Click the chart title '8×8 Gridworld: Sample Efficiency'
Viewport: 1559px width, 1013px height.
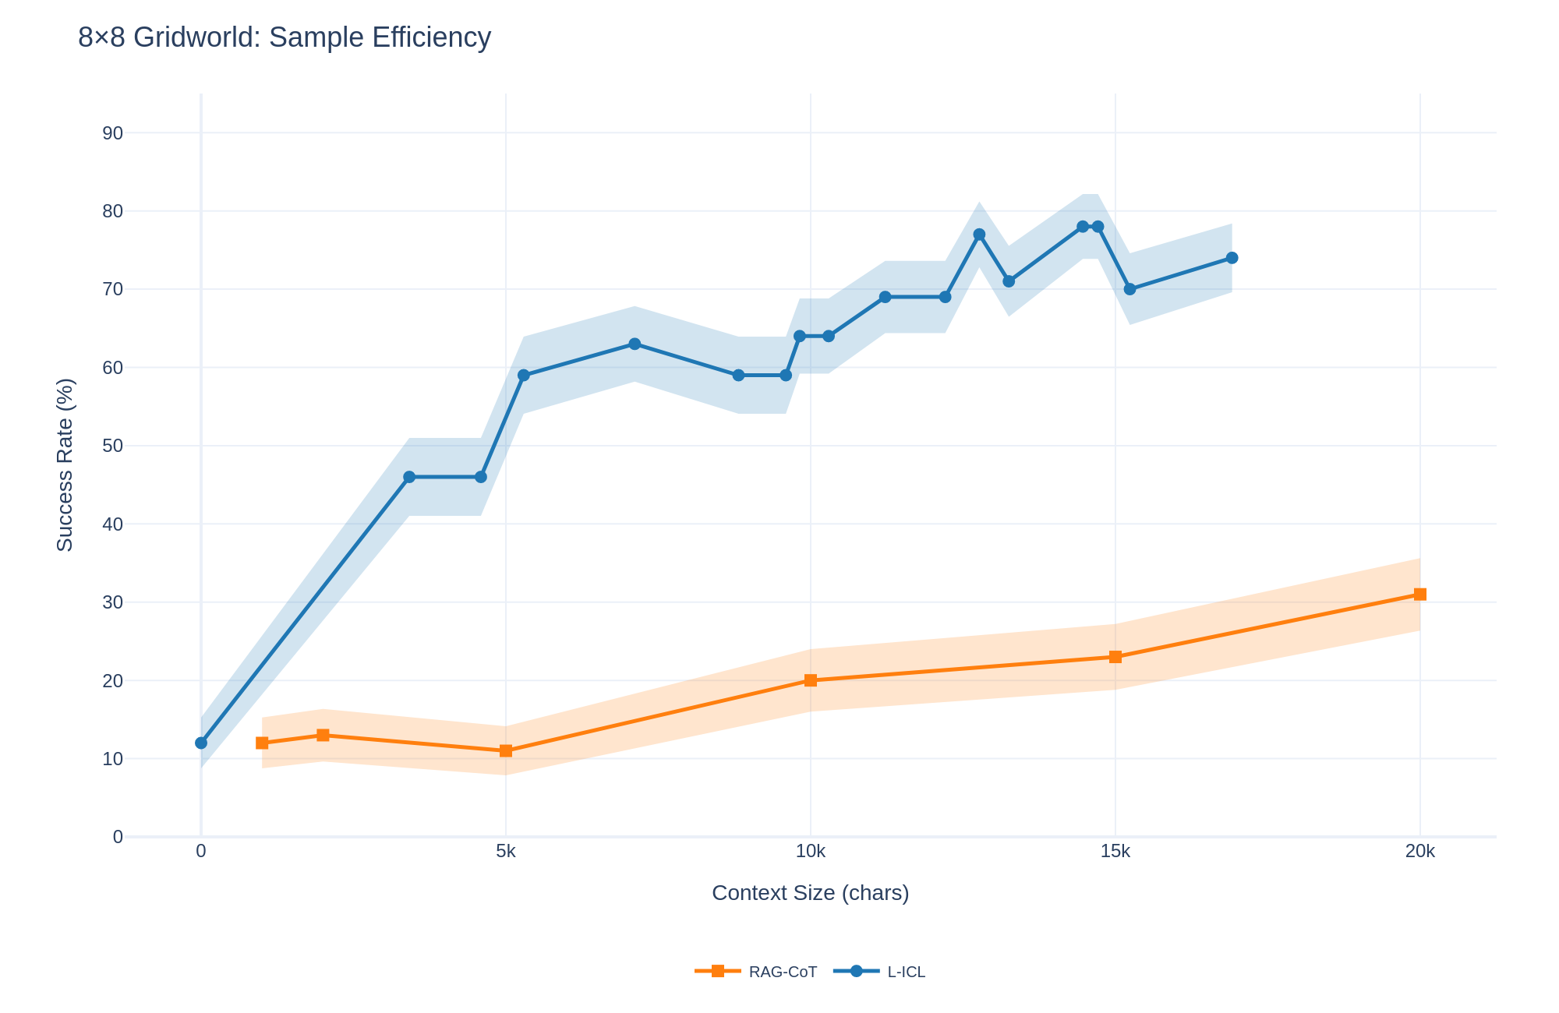point(285,37)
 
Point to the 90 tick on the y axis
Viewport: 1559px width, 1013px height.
point(112,133)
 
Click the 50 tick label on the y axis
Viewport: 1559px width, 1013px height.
point(112,446)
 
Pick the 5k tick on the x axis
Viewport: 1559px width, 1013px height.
point(506,852)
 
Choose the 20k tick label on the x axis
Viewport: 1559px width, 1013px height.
point(1419,852)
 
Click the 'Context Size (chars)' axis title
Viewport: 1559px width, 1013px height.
point(810,893)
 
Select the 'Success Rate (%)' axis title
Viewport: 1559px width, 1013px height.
point(65,465)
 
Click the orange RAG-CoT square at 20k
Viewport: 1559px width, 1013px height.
point(1420,595)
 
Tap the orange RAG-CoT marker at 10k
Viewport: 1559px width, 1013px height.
point(811,680)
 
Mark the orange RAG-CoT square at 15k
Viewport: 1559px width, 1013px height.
point(1115,657)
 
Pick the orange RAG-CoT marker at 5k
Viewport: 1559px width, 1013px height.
point(506,751)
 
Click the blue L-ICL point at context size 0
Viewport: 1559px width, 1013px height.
point(201,743)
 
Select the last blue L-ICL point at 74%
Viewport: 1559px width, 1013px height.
point(1232,258)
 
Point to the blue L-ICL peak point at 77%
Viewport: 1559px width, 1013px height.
point(980,235)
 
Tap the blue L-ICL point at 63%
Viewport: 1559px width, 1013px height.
point(635,344)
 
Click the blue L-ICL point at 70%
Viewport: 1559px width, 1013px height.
point(1130,289)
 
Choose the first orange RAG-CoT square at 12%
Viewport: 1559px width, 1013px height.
point(262,743)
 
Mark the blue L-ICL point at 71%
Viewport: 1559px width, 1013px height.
point(1009,281)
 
